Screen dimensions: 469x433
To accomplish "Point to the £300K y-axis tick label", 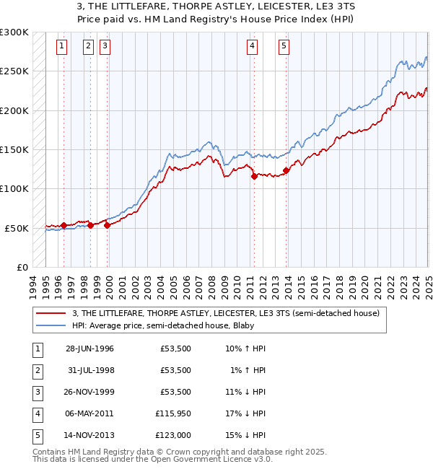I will (x=14, y=32).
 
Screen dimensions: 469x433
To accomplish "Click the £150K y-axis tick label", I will (x=14, y=150).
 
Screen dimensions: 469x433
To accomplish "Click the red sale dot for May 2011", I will (x=254, y=176).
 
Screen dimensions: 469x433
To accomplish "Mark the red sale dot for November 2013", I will (x=286, y=171).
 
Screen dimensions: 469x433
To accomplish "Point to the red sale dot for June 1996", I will (x=64, y=225).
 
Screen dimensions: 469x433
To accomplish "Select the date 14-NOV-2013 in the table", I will (x=89, y=435).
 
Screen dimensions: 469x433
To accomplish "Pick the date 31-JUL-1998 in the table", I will (x=89, y=370).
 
